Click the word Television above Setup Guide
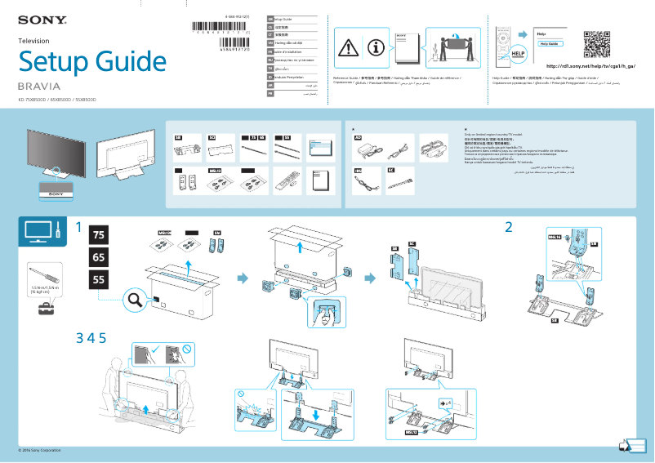[33, 41]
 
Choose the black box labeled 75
[99, 235]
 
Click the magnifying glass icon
[134, 302]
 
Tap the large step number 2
[509, 227]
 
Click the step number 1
[80, 227]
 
